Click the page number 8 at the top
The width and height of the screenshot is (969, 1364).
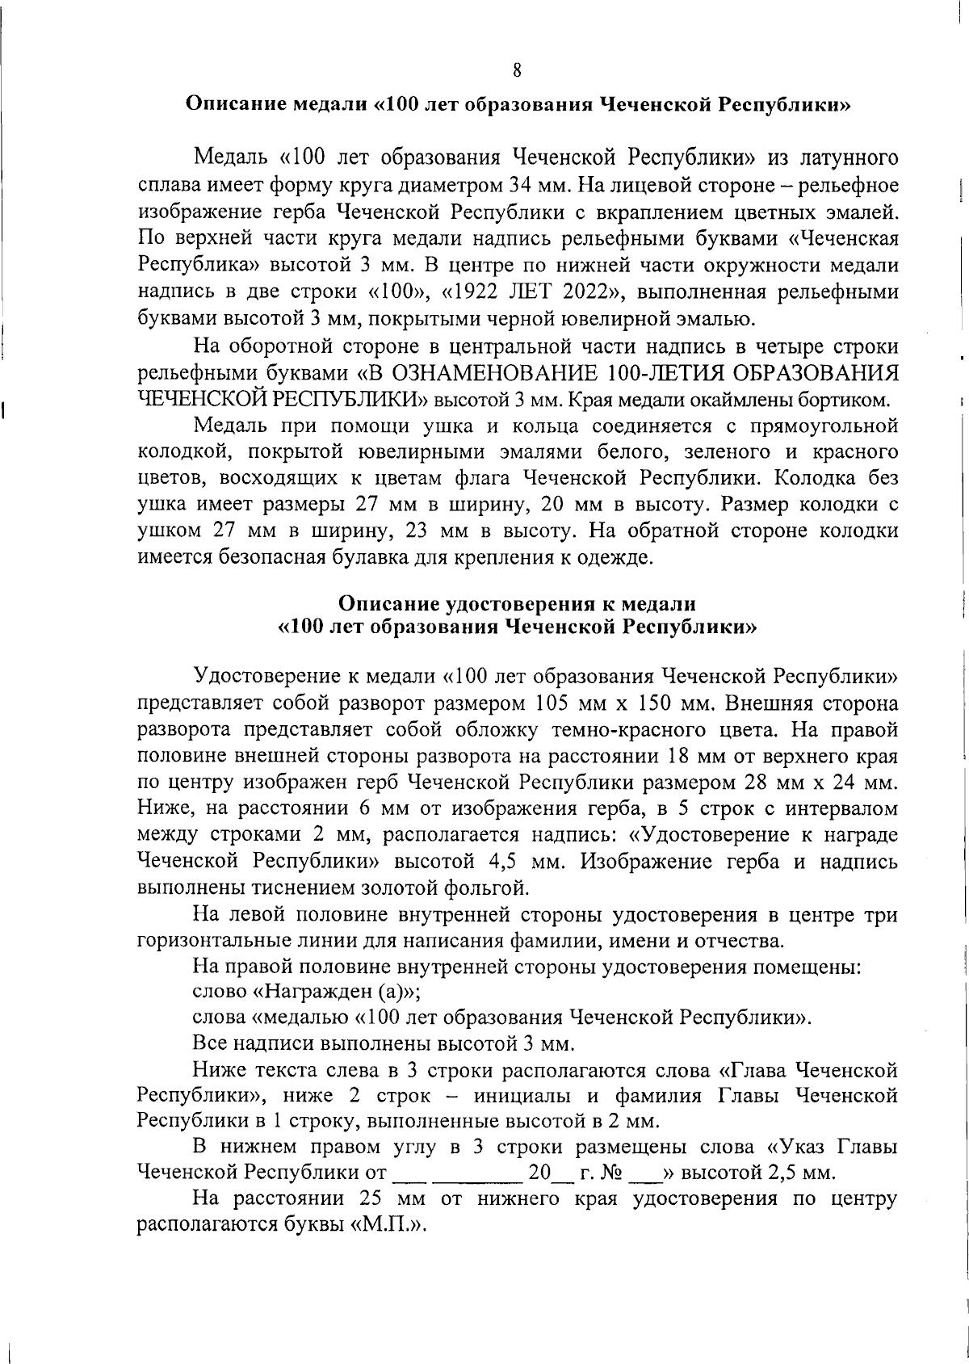click(517, 70)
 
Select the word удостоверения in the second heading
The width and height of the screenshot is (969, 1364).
click(501, 604)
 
